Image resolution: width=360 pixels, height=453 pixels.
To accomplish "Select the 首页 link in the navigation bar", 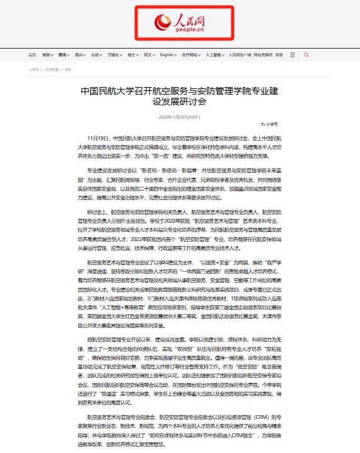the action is coord(32,55).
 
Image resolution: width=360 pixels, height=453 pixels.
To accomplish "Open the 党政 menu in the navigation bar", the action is coord(48,55).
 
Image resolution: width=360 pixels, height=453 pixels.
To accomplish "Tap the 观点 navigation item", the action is coord(79,55).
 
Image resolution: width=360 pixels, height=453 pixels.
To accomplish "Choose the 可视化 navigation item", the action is coord(114,55).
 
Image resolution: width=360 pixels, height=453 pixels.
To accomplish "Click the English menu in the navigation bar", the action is coord(167,55).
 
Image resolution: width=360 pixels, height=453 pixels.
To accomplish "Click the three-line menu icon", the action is coord(294,55).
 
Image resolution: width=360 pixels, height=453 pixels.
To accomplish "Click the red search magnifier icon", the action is coord(306,55).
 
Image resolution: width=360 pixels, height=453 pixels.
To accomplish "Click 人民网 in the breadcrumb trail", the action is coord(33,69).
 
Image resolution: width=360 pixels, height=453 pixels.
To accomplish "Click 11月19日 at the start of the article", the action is coord(98,137).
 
